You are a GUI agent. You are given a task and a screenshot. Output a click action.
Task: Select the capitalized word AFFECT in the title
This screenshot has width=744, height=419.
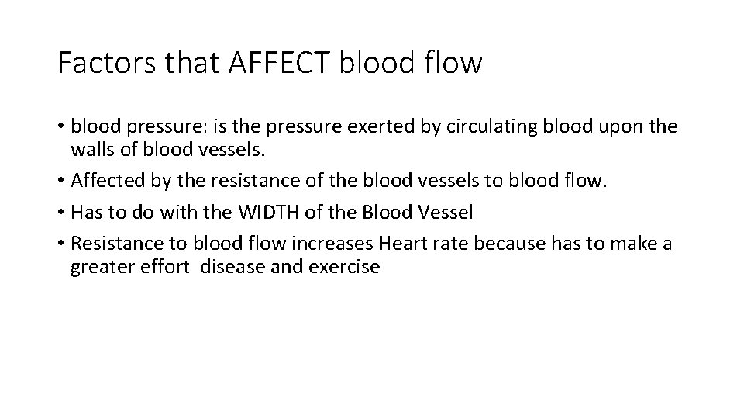[x=284, y=63]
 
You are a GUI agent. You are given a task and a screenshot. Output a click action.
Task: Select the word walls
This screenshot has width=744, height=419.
[x=92, y=151]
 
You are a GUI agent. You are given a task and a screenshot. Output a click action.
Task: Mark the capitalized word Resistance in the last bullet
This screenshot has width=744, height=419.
[x=115, y=244]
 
